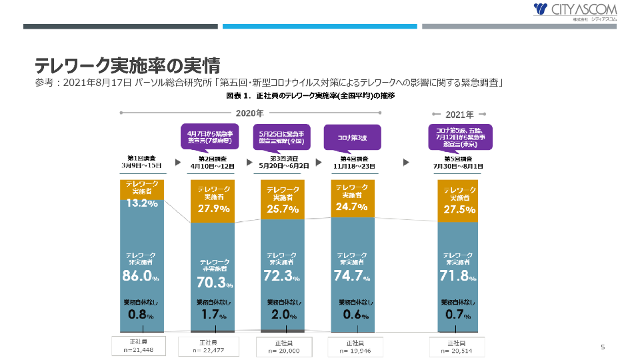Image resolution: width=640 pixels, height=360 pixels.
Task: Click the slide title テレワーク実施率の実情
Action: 127,65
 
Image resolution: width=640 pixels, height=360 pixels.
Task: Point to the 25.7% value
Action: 282,209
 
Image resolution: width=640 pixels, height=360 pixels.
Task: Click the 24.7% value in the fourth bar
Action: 353,207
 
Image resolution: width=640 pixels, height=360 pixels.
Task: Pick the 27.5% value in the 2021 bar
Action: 460,209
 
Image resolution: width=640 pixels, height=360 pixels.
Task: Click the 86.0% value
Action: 141,275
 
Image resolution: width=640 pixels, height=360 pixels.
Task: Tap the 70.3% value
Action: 214,283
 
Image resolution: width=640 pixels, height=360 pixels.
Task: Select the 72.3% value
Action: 282,275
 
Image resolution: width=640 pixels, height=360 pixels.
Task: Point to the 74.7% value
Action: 353,275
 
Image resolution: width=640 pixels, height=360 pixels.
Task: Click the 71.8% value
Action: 460,275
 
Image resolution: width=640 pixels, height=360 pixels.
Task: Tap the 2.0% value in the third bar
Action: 282,314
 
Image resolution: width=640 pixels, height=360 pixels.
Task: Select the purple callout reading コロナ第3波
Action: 351,137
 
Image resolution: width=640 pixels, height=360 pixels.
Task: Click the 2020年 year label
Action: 250,113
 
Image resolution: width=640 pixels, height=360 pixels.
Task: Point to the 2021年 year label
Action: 460,114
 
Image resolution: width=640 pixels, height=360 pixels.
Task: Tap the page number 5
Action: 603,347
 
